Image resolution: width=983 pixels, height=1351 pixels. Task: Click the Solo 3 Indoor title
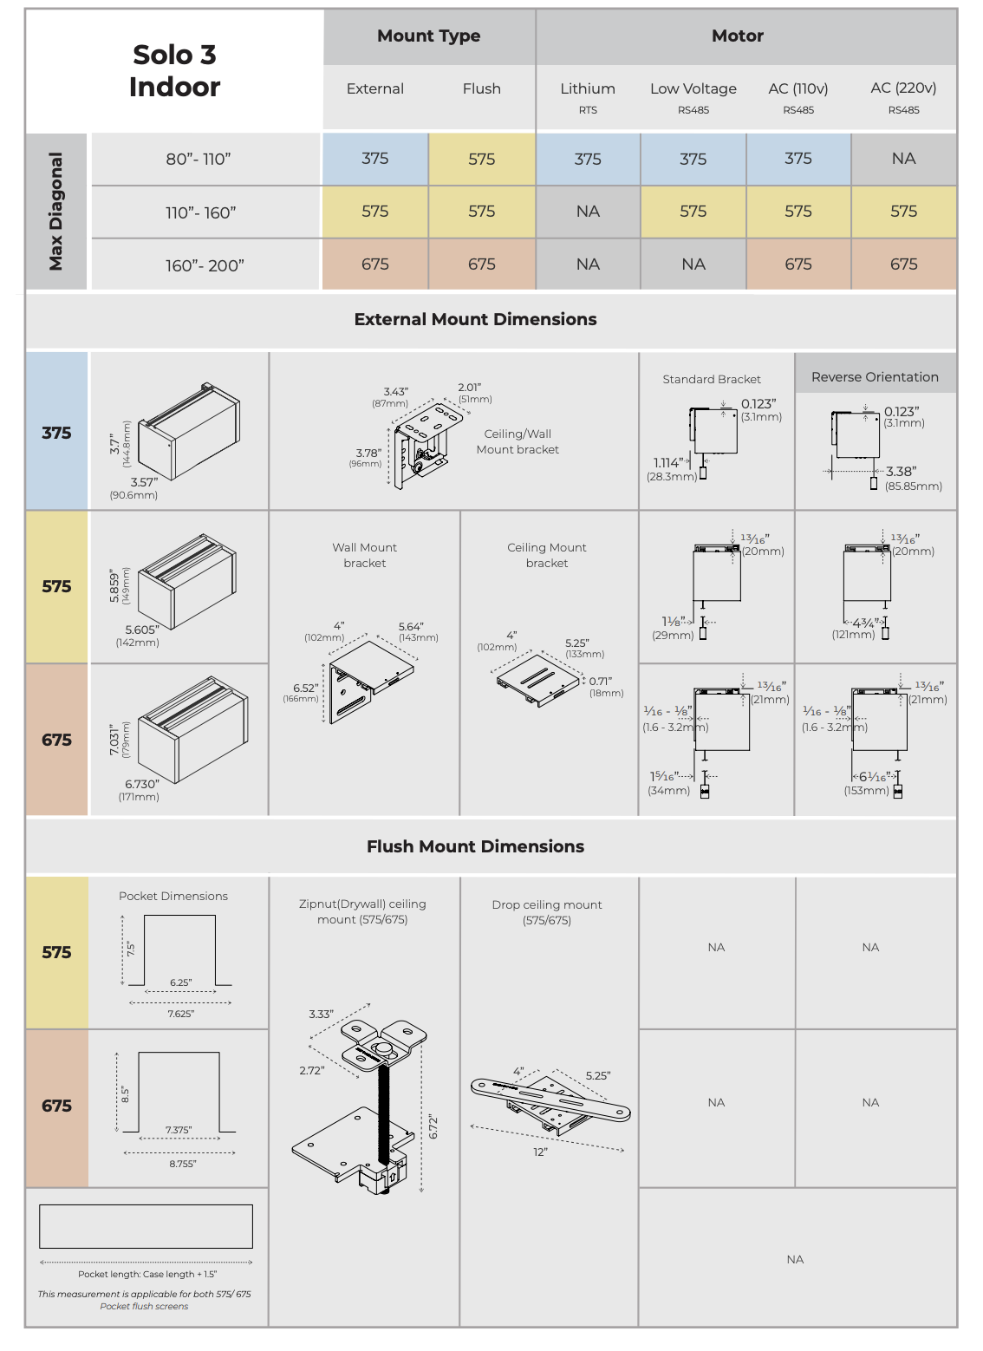tap(174, 70)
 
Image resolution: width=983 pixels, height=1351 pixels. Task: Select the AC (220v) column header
tap(903, 88)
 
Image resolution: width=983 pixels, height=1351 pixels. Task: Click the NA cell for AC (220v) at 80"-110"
tap(903, 159)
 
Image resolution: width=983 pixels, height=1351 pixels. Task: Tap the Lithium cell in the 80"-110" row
tap(588, 159)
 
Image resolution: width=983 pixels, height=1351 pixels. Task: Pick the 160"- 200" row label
tap(205, 265)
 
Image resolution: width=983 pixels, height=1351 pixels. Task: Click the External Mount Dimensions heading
tap(475, 319)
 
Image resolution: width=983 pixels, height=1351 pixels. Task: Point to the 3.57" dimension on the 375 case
tap(144, 482)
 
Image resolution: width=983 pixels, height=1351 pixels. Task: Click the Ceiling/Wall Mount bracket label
tap(518, 441)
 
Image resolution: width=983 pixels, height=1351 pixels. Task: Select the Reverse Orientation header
tap(875, 377)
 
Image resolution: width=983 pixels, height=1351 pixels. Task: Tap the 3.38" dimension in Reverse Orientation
tap(902, 472)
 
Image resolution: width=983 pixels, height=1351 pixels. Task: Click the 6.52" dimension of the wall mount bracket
tap(305, 688)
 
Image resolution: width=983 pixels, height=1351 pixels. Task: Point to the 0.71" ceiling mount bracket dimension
tap(601, 682)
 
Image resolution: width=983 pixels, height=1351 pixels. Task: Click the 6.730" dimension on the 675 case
tap(142, 784)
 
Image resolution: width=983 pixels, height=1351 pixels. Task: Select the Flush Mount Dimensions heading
tap(475, 846)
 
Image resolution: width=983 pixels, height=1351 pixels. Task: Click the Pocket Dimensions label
tap(173, 896)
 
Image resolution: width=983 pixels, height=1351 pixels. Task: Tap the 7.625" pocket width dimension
tap(181, 1014)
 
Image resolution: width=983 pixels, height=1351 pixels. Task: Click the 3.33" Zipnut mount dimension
tap(321, 1014)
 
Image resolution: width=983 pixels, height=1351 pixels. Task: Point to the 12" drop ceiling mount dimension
tap(540, 1152)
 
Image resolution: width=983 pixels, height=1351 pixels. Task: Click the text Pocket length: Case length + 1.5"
tap(147, 1274)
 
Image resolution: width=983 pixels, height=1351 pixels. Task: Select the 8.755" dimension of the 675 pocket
tap(183, 1164)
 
